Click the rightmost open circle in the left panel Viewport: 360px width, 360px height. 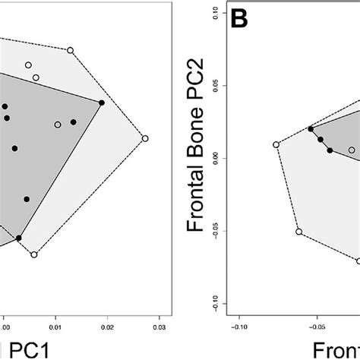[x=145, y=138]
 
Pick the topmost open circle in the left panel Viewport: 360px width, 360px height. [x=71, y=50]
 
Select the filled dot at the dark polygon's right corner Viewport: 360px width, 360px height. [x=102, y=103]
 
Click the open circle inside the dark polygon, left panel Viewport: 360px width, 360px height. [x=58, y=125]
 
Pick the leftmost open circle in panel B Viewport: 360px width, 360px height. [x=276, y=144]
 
